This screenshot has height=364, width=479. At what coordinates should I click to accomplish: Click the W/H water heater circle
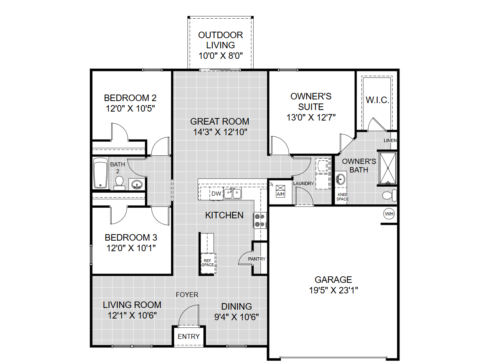click(389, 214)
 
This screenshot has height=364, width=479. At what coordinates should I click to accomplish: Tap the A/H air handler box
click(280, 191)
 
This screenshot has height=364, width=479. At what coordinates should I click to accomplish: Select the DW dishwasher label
click(216, 194)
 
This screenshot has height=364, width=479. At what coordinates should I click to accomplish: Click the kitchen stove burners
click(260, 220)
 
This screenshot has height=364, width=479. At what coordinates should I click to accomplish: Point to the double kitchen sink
click(233, 194)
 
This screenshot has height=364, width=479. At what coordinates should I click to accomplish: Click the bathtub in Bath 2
click(101, 173)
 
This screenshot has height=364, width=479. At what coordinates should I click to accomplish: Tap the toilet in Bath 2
click(119, 183)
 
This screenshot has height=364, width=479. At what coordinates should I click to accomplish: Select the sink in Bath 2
click(136, 185)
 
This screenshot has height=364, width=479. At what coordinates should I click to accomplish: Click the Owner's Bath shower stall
click(387, 168)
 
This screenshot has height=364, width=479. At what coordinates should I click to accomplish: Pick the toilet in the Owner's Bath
click(390, 195)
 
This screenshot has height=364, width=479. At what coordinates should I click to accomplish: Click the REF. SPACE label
click(208, 263)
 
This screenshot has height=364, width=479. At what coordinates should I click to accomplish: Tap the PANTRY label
click(257, 259)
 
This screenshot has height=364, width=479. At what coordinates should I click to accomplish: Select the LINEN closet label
click(390, 140)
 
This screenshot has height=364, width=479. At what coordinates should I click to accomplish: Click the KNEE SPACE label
click(343, 197)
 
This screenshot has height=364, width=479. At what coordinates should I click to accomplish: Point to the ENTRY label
click(188, 336)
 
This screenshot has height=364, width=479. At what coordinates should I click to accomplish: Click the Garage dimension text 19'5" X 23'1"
click(333, 290)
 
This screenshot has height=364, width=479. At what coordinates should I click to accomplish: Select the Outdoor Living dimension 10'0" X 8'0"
click(220, 56)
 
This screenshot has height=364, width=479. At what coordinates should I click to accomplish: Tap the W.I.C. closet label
click(377, 100)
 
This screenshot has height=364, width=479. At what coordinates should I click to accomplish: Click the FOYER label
click(187, 295)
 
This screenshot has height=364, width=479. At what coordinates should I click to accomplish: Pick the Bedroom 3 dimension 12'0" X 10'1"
click(131, 248)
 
